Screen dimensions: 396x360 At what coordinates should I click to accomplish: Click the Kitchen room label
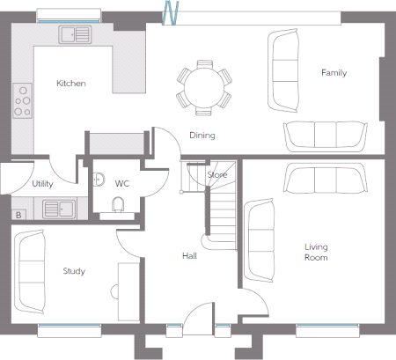coord(71,84)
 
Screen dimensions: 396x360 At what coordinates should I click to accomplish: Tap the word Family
coord(334,73)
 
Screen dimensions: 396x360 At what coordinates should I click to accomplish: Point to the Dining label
coord(202,136)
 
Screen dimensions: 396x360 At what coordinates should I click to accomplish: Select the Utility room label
coord(42,184)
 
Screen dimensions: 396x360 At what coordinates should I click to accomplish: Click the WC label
coord(122,184)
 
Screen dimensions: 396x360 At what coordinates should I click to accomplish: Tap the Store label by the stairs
coord(217,175)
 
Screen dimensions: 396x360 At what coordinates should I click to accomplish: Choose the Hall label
coord(189,256)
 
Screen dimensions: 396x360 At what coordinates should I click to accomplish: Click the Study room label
coord(74,271)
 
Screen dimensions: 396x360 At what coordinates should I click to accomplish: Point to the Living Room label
coord(316,252)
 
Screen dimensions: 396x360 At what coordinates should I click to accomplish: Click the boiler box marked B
coord(18,215)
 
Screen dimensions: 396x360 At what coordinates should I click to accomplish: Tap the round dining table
coord(204,88)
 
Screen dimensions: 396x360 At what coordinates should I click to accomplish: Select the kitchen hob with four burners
coord(22,100)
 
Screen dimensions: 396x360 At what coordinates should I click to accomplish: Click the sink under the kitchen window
coord(75,34)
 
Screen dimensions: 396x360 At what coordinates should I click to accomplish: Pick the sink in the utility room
coord(59,209)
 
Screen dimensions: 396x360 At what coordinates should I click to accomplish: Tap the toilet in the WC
coord(118,204)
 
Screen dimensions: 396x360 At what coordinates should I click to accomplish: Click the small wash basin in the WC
coord(99,180)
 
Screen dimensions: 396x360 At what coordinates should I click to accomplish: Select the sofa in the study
coord(30,271)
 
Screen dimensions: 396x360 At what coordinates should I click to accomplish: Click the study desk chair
coord(114,291)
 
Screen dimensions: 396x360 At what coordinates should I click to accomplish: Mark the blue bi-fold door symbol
coord(171,12)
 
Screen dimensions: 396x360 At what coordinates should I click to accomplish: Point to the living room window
coord(327,326)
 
